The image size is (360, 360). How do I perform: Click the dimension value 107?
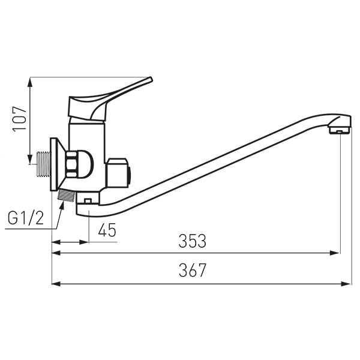[19, 119]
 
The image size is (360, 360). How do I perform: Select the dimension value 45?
[107, 230]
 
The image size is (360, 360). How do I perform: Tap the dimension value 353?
[193, 241]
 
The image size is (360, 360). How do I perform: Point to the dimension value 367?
[193, 270]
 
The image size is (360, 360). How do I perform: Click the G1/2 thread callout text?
[26, 218]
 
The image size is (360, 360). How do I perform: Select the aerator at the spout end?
[340, 131]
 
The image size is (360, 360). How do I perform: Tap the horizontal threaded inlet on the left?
[44, 164]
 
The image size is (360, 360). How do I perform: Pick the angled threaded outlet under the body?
[67, 196]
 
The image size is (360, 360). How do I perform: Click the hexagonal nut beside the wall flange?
[71, 164]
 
